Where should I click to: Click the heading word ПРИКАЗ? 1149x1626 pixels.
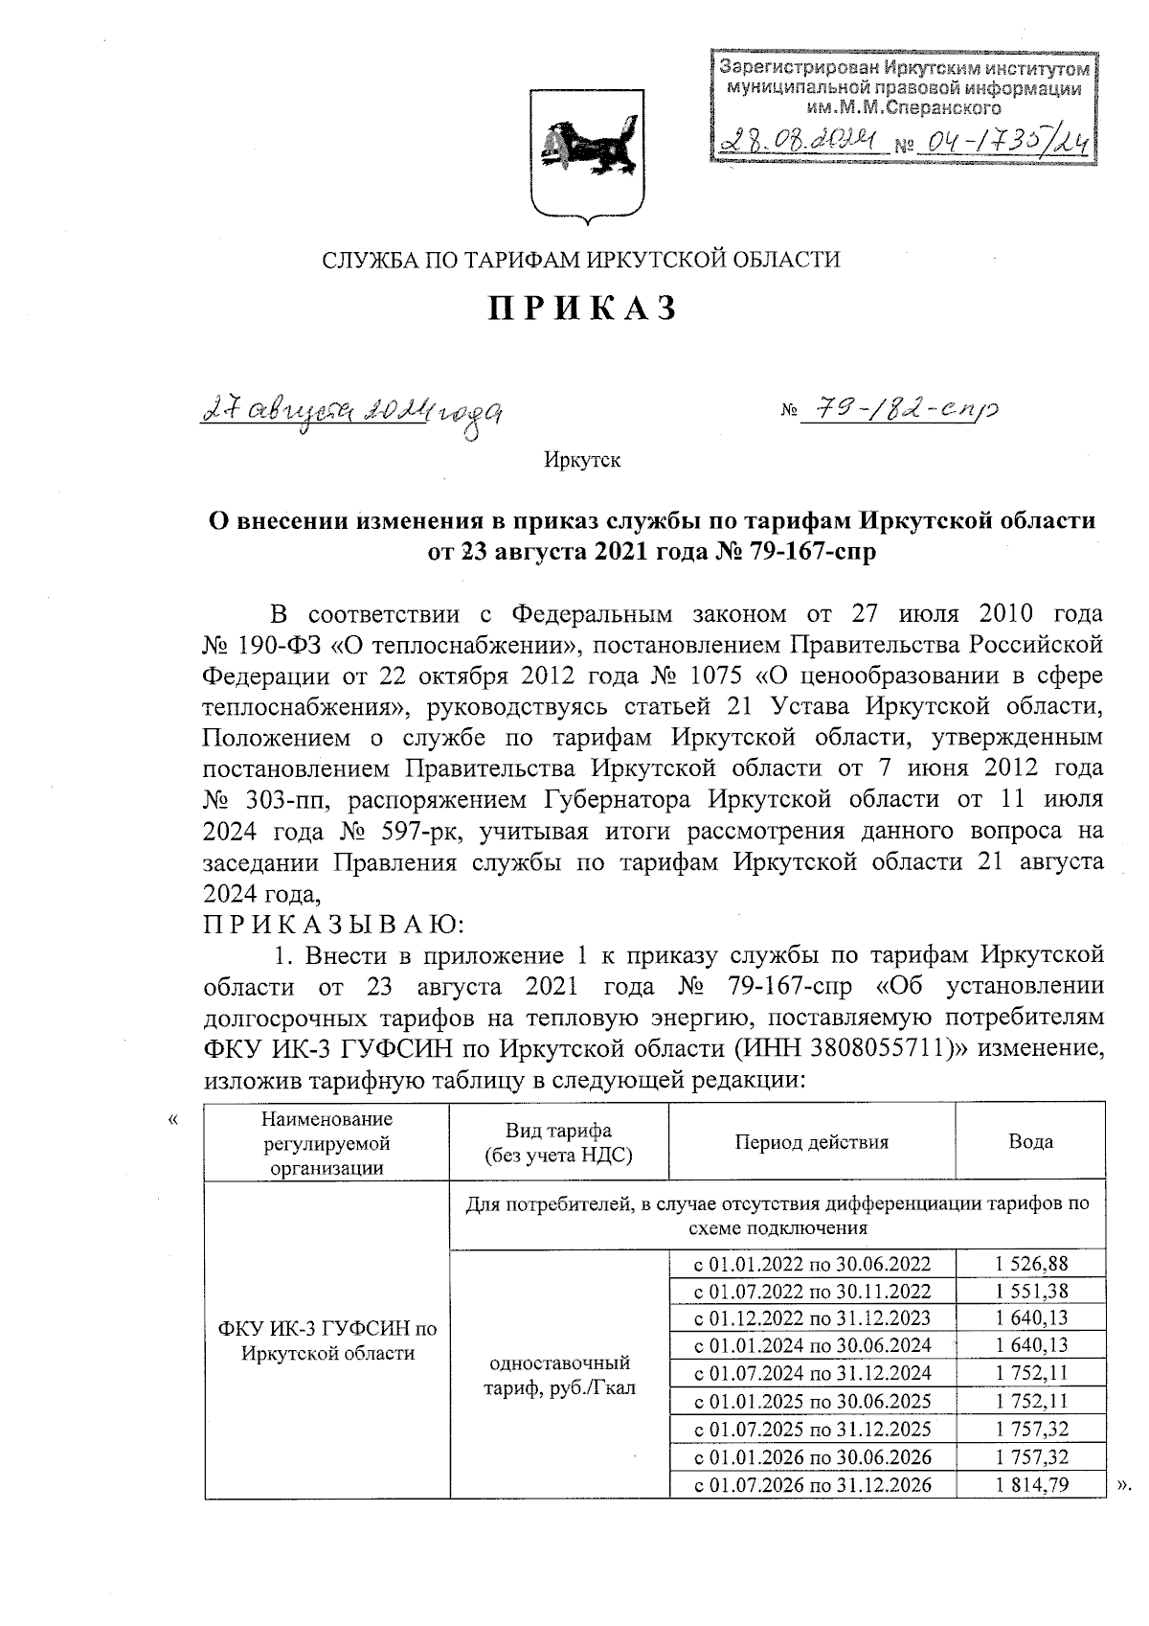[x=583, y=308]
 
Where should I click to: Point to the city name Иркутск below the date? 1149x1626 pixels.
[x=582, y=461]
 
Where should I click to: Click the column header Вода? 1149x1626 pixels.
[x=1030, y=1142]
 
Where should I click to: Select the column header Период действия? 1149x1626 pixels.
[x=811, y=1142]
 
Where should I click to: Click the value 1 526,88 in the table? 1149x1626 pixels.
[x=1030, y=1264]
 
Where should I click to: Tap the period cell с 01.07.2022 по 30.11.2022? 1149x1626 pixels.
[x=811, y=1292]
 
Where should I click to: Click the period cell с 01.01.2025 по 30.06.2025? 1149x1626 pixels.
[x=811, y=1402]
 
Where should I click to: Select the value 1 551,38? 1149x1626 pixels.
[x=1030, y=1292]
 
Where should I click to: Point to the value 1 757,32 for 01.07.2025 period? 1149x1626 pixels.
[x=1030, y=1430]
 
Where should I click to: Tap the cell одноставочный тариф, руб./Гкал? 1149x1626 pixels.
[x=560, y=1375]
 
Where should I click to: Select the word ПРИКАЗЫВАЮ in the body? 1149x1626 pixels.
[x=333, y=925]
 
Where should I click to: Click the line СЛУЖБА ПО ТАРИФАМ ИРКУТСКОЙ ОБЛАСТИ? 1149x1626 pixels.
[x=582, y=259]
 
